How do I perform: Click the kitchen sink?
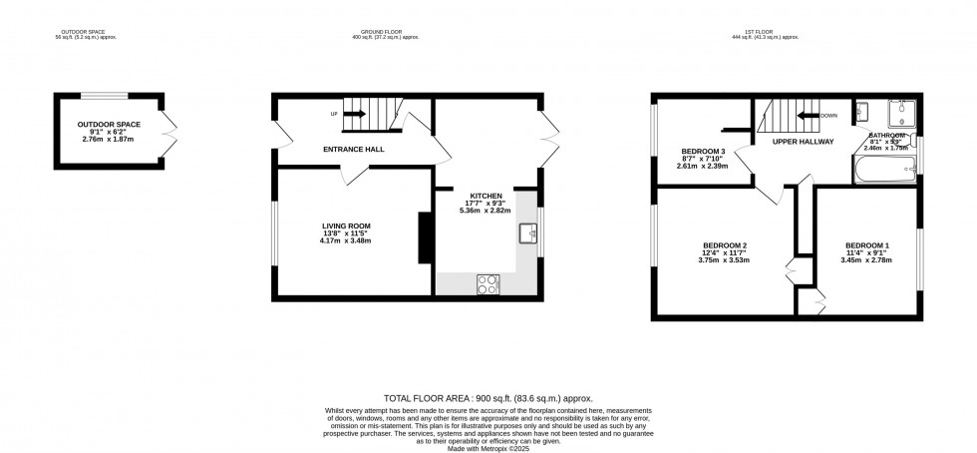[527, 234]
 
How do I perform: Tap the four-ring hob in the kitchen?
[490, 283]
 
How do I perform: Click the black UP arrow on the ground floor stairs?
[355, 113]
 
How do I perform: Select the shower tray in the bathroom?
[902, 114]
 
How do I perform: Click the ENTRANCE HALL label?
[354, 150]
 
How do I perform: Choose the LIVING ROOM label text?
[339, 226]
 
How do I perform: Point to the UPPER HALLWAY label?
[804, 142]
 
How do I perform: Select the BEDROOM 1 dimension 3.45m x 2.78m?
[867, 260]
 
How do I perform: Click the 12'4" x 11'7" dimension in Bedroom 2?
[725, 253]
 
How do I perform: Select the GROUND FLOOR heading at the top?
[385, 32]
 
